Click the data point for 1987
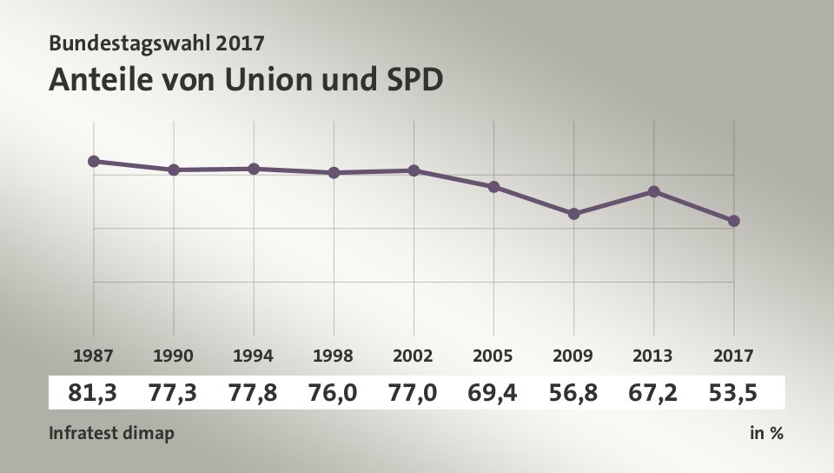click(94, 161)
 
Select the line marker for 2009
click(573, 214)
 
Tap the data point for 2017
click(734, 221)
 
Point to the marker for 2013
click(653, 191)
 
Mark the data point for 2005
click(493, 187)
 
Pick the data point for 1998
click(334, 172)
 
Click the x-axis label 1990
click(174, 356)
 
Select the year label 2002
click(414, 356)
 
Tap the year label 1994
click(254, 356)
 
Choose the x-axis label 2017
click(734, 356)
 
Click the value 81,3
click(93, 393)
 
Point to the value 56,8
click(573, 393)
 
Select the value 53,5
click(733, 393)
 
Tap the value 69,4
click(493, 393)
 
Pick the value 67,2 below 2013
click(653, 393)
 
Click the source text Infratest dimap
click(110, 433)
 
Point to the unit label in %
click(766, 433)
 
